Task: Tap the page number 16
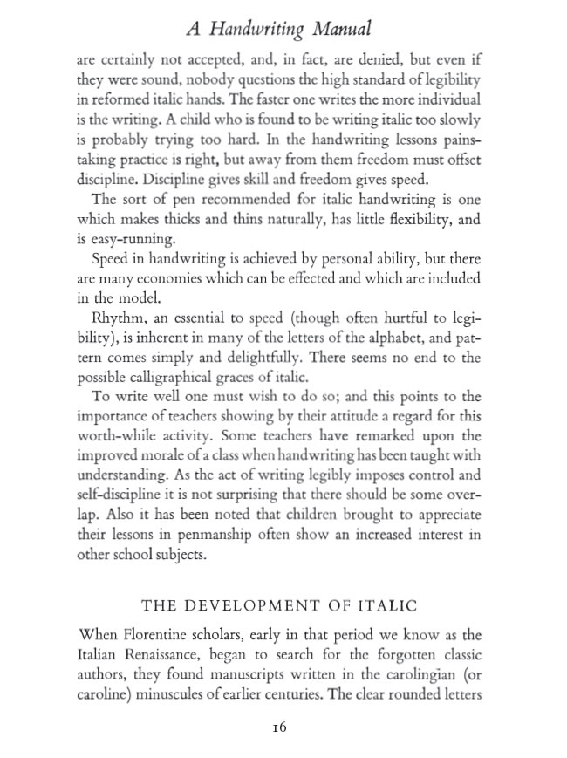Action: (x=279, y=727)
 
